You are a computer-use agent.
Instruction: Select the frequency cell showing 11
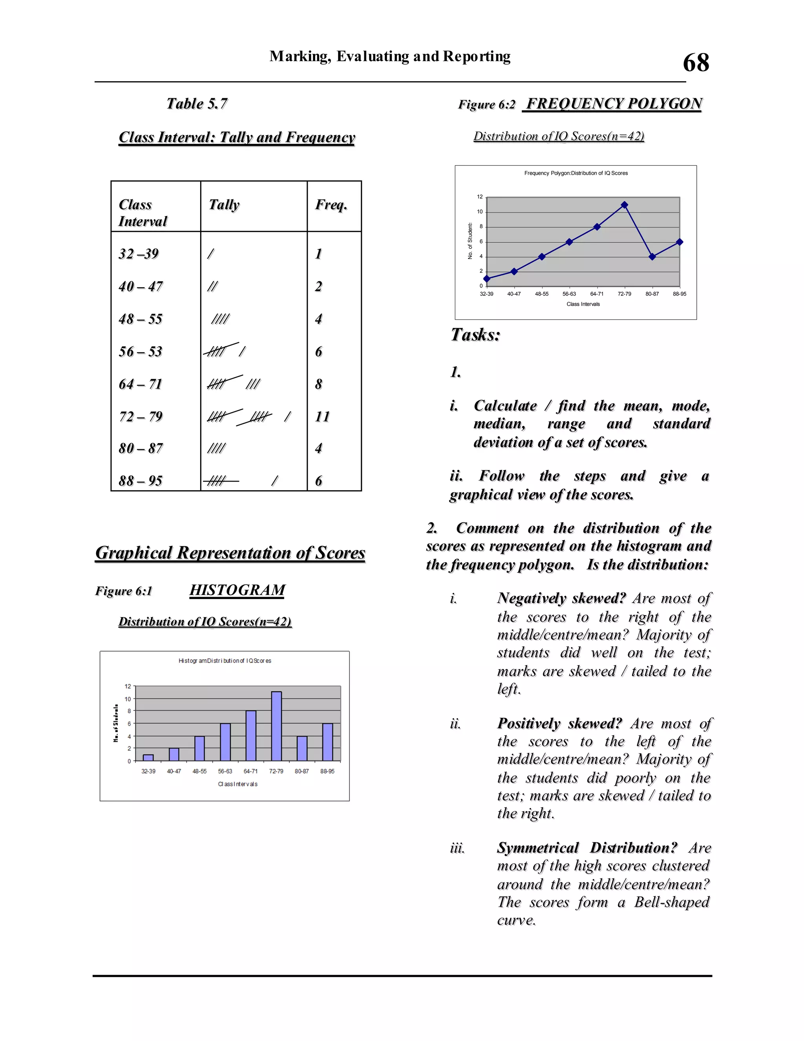[x=322, y=416]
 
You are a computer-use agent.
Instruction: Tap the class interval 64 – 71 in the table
[x=141, y=384]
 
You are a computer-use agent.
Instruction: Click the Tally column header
[x=224, y=205]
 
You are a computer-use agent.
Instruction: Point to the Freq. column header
[x=331, y=205]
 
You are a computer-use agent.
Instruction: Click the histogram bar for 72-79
[x=276, y=726]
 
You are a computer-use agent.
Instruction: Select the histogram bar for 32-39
[x=148, y=757]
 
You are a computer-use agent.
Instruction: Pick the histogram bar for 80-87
[x=302, y=748]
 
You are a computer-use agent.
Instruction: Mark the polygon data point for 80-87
[x=652, y=257]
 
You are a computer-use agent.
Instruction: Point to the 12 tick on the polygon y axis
[x=480, y=197]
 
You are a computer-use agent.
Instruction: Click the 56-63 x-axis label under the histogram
[x=225, y=771]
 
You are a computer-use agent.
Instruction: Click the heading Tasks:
[x=475, y=335]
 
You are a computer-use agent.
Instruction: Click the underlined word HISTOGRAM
[x=237, y=590]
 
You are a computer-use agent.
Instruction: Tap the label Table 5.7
[x=197, y=103]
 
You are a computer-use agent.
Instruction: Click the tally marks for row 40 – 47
[x=212, y=286]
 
